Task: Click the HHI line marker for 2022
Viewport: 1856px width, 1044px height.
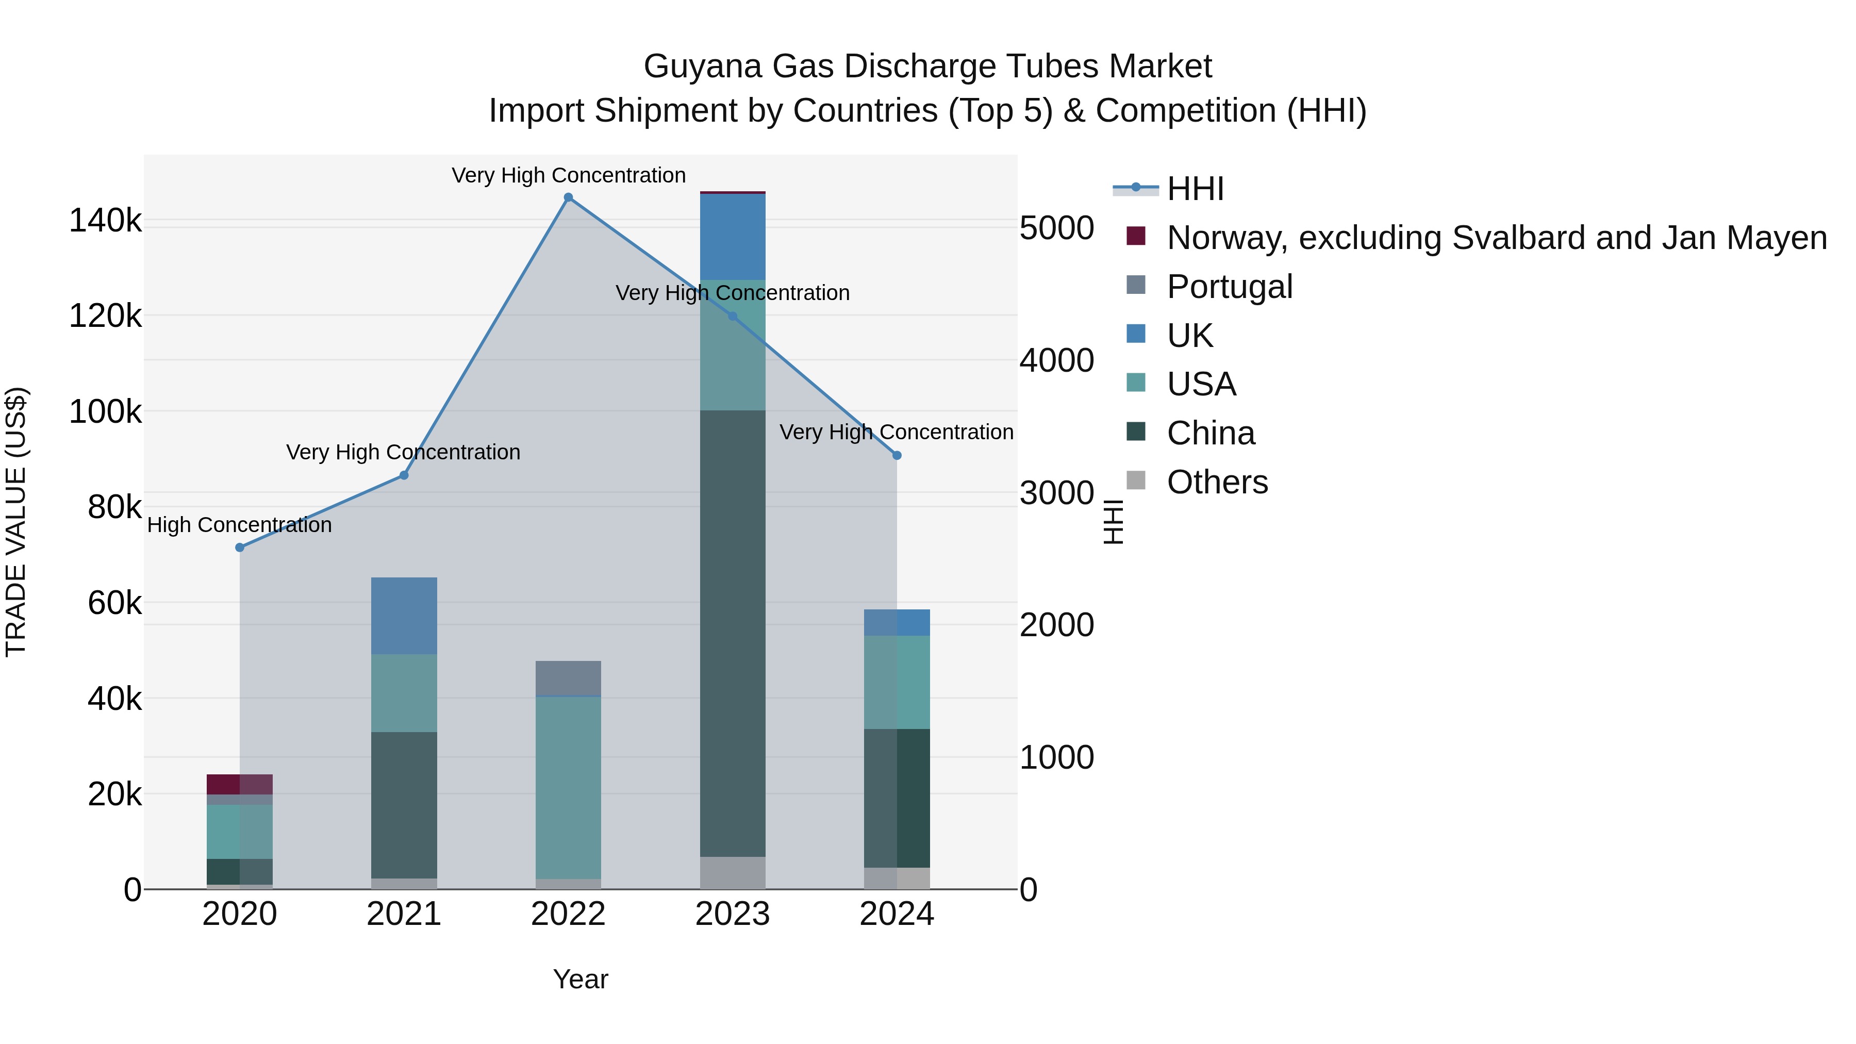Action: coord(569,197)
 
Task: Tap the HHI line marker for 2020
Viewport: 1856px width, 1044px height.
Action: coord(240,548)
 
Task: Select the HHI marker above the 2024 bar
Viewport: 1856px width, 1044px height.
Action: coord(897,455)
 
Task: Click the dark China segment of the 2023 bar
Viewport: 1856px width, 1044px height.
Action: coord(733,634)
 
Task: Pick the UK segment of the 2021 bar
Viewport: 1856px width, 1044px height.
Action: coord(404,616)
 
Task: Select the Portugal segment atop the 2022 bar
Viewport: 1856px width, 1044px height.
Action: coord(569,678)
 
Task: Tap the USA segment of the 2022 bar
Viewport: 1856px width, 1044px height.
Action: coord(569,787)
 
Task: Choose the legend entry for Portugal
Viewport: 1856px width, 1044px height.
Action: coord(1229,287)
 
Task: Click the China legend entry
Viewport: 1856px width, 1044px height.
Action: coord(1211,434)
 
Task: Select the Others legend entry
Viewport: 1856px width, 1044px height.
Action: coord(1217,482)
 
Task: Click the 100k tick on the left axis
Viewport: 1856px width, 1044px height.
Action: coord(105,412)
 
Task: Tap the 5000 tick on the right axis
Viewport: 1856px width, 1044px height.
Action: coord(1057,228)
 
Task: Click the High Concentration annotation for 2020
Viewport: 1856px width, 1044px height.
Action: coord(240,525)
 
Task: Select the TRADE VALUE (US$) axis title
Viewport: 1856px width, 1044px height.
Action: coord(16,522)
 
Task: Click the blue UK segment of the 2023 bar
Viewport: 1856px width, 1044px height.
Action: coord(733,236)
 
